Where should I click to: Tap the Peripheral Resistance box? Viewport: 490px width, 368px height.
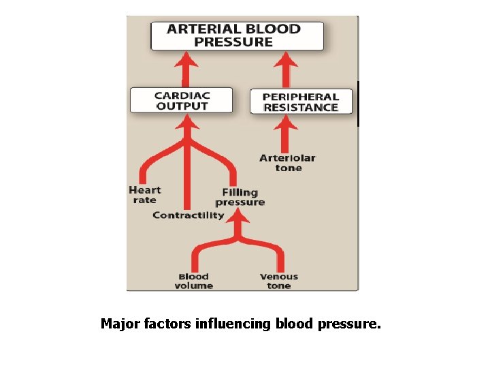click(301, 102)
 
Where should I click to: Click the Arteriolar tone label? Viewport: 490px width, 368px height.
click(287, 163)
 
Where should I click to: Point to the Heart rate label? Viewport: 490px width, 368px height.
click(144, 195)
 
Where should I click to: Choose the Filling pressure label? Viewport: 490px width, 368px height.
click(240, 198)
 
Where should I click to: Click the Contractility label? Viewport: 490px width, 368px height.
click(188, 215)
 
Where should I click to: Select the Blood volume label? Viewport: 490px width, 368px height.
click(193, 281)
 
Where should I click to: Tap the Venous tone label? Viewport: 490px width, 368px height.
click(279, 281)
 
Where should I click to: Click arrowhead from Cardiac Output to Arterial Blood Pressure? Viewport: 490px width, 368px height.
click(186, 62)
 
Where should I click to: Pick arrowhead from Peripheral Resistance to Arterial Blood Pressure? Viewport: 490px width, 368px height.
click(286, 62)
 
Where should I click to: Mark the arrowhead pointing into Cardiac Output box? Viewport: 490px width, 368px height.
click(187, 122)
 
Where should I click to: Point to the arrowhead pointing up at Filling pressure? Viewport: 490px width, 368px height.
click(239, 217)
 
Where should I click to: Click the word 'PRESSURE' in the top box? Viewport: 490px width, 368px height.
click(233, 42)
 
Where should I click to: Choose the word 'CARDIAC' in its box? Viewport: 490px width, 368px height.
click(181, 95)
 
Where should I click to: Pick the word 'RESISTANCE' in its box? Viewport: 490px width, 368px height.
click(301, 108)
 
